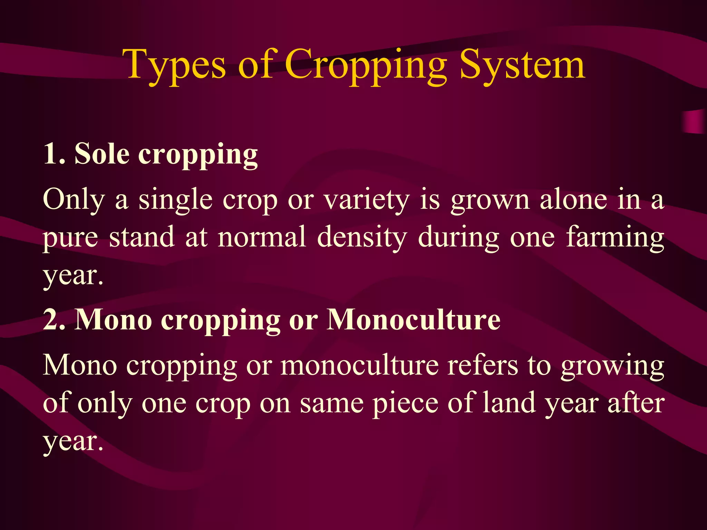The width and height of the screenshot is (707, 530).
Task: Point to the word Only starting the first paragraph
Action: click(x=74, y=200)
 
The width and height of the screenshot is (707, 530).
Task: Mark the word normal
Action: click(x=262, y=237)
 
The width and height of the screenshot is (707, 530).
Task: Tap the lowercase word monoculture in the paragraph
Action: click(x=359, y=365)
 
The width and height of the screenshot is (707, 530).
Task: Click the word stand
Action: click(x=142, y=237)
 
